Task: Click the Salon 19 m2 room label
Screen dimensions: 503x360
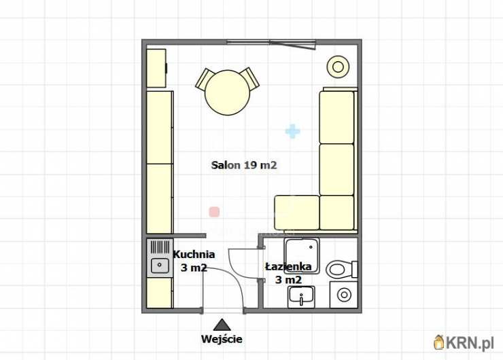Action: pos(244,165)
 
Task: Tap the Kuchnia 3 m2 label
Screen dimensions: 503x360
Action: pos(194,261)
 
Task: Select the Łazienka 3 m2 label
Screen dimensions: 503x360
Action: pos(288,273)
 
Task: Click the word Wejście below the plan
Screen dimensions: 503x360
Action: pos(222,339)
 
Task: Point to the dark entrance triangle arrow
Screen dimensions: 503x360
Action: pos(222,325)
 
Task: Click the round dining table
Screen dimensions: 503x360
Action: pos(227,92)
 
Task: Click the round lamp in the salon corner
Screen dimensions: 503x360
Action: pos(338,67)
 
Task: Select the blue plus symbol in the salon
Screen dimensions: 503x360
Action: pos(292,131)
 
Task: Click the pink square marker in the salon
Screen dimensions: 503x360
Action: pos(214,212)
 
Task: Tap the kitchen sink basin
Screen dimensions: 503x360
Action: pos(160,266)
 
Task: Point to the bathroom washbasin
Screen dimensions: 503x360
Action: pos(301,296)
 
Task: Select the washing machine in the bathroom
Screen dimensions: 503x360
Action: pos(343,295)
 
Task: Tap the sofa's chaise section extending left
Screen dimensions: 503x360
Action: pos(297,213)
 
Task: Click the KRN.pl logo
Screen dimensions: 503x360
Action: pos(464,342)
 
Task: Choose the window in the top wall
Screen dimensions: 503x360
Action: pos(271,43)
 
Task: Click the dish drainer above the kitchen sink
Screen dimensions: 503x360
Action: pos(160,247)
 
